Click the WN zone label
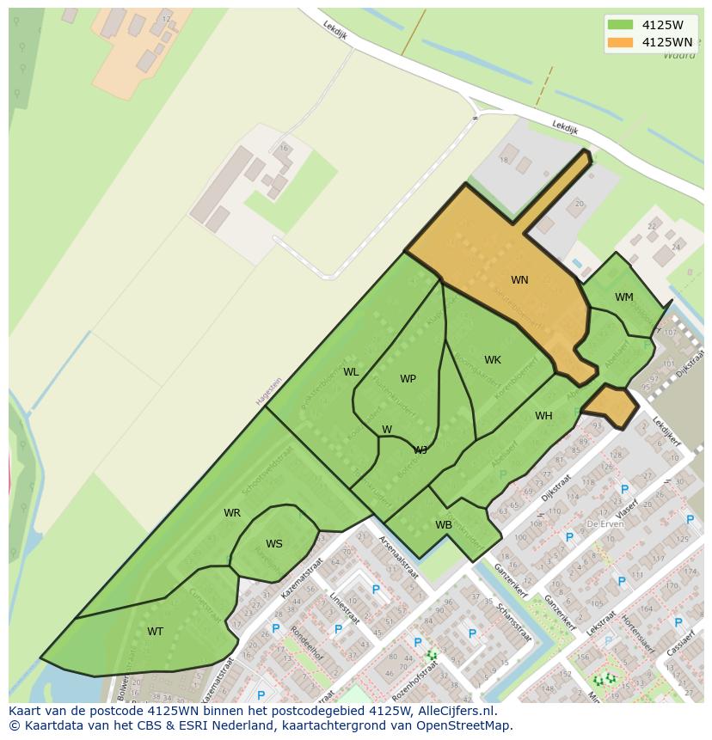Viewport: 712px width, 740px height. (x=519, y=280)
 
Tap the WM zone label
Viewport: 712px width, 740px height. (x=624, y=297)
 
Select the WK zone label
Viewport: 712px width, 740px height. (x=493, y=360)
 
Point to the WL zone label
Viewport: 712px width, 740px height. (x=351, y=372)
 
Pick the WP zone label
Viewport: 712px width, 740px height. (x=408, y=379)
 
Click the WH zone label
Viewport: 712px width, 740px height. (x=543, y=416)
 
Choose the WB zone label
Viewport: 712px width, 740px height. (x=444, y=525)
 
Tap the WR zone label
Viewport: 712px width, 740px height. (x=232, y=513)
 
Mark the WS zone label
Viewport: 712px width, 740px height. (x=274, y=544)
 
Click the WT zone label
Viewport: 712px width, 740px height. (x=155, y=632)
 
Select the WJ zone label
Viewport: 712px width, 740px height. (x=420, y=450)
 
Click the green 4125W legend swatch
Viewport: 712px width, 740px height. (x=619, y=24)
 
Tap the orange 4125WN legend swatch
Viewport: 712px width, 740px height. (x=619, y=42)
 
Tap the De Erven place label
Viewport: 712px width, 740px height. (x=605, y=523)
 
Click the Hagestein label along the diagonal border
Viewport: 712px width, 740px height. (x=268, y=392)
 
